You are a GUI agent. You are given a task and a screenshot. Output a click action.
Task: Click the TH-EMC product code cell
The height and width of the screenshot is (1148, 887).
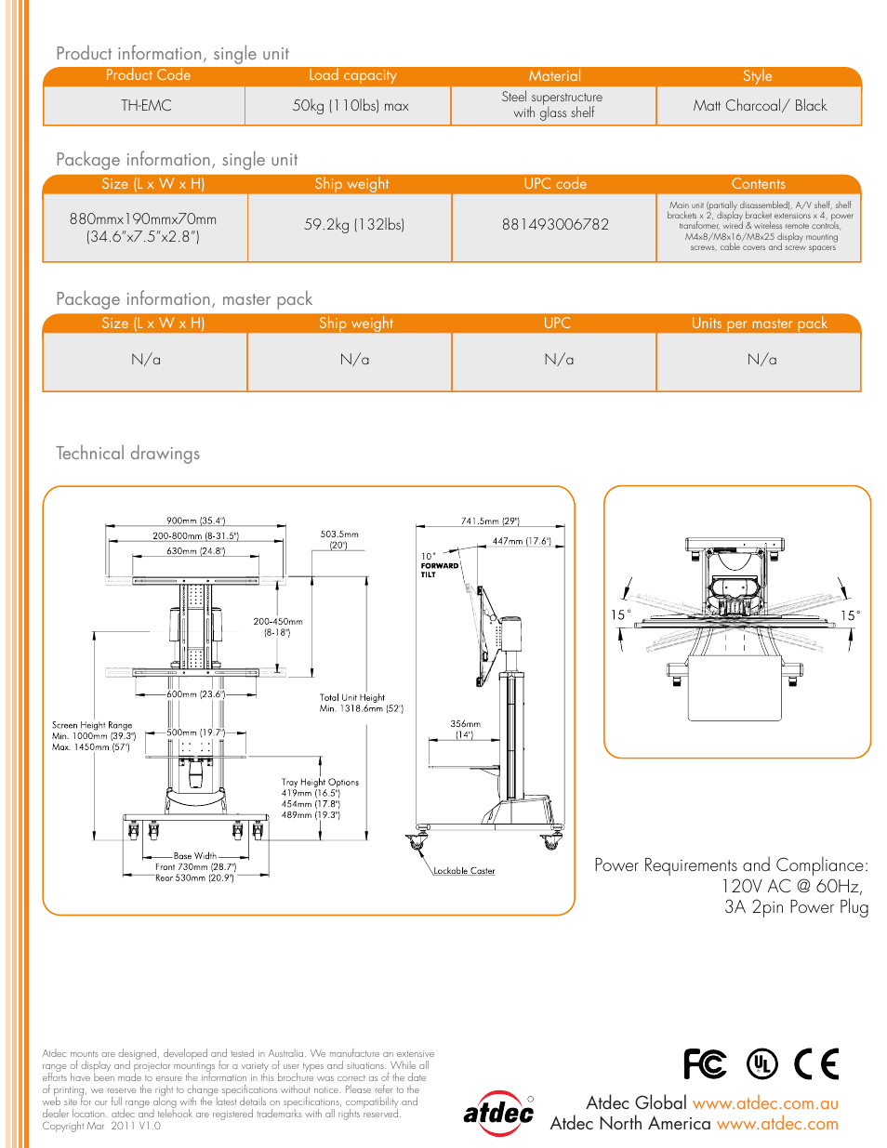pyautogui.click(x=146, y=106)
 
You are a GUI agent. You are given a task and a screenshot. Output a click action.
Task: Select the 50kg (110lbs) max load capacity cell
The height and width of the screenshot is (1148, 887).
pyautogui.click(x=351, y=106)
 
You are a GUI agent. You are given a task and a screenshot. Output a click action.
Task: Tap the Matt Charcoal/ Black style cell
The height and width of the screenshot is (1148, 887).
pyautogui.click(x=760, y=106)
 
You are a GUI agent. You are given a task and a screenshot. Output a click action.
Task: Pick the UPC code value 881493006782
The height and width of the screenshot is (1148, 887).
pyautogui.click(x=555, y=225)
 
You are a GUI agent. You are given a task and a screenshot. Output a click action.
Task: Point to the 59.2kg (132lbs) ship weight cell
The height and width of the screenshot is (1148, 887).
pyautogui.click(x=353, y=225)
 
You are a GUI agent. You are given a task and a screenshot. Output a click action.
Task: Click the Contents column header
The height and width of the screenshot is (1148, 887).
pyautogui.click(x=759, y=184)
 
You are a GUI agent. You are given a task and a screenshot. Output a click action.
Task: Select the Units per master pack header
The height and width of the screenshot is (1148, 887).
pyautogui.click(x=759, y=323)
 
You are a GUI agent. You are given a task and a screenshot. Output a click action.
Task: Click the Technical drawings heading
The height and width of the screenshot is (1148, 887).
pyautogui.click(x=128, y=454)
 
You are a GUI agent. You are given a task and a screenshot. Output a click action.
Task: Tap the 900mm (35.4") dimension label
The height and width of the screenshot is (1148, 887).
pyautogui.click(x=196, y=521)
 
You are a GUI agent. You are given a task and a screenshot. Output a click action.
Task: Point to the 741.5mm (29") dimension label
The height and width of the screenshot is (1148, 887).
pyautogui.click(x=490, y=521)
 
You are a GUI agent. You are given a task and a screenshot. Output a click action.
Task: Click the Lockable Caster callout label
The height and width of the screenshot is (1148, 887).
pyautogui.click(x=464, y=871)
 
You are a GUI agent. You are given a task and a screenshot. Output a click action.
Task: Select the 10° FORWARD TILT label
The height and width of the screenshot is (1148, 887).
pyautogui.click(x=439, y=565)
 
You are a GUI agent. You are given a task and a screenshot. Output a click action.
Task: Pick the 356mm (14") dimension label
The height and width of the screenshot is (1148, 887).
pyautogui.click(x=465, y=729)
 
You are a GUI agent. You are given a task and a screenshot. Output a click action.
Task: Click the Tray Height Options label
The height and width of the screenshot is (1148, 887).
pyautogui.click(x=320, y=783)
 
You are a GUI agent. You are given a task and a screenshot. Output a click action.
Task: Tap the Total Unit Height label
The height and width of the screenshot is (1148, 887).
pyautogui.click(x=352, y=697)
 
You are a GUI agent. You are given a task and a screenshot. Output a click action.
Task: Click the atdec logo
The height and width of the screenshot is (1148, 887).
pyautogui.click(x=499, y=1113)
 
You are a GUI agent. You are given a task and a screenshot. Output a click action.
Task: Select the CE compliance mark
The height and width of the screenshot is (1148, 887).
pyautogui.click(x=816, y=1063)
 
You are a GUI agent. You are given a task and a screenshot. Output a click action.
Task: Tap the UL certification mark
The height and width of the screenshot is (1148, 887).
pyautogui.click(x=762, y=1063)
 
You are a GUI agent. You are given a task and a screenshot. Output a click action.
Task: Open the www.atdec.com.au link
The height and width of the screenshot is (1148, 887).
pyautogui.click(x=765, y=1103)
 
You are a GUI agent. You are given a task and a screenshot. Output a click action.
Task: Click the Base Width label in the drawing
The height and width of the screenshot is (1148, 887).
pyautogui.click(x=194, y=856)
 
